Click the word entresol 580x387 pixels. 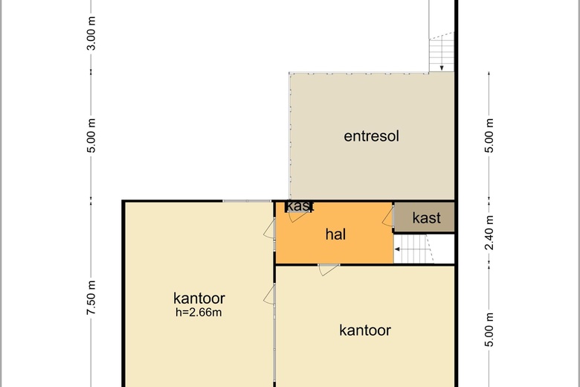click(371, 136)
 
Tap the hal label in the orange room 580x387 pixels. click(335, 234)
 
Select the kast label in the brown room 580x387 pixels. click(426, 218)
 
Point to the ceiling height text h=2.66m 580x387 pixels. click(199, 313)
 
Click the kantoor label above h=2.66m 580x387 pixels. click(199, 298)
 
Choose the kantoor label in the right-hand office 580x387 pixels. click(364, 330)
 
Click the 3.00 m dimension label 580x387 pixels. click(91, 33)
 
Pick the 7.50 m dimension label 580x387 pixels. click(91, 298)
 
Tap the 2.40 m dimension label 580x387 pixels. click(489, 232)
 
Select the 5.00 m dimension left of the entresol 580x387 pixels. click(91, 135)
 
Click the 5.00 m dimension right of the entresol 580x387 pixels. click(489, 135)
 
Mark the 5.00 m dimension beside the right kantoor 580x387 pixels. click(489, 330)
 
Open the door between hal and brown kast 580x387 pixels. click(388, 217)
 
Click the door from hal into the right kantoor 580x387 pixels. click(329, 269)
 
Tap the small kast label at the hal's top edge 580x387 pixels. click(300, 206)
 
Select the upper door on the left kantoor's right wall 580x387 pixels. click(270, 228)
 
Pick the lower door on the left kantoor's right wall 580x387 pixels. click(270, 295)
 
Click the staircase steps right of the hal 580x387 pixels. click(413, 249)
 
